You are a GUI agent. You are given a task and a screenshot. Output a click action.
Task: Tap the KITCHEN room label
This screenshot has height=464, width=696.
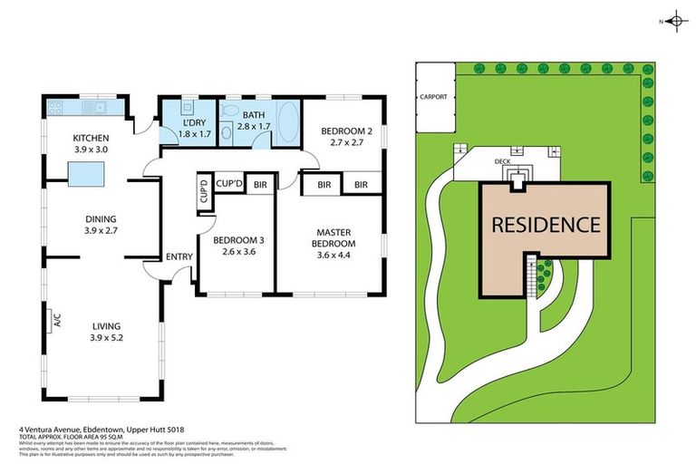click(91, 138)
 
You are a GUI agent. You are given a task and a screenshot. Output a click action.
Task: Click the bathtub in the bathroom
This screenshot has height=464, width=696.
click(287, 122)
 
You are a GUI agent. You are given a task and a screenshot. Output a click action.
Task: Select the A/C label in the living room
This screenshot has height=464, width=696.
click(56, 319)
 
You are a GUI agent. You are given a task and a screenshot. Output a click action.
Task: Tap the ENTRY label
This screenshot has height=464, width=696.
click(179, 256)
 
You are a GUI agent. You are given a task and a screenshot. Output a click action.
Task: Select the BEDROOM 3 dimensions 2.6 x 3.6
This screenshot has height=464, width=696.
click(238, 253)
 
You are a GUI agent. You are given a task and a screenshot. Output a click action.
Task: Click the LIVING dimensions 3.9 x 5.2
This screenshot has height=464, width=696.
click(105, 338)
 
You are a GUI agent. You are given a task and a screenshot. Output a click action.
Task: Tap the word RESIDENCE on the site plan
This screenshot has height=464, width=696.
click(546, 224)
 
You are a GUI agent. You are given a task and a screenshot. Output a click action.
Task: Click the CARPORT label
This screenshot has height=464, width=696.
click(432, 96)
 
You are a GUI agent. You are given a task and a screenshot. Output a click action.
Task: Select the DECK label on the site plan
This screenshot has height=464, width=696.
click(502, 162)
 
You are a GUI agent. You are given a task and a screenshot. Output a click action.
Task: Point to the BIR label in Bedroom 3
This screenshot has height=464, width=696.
click(260, 185)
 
